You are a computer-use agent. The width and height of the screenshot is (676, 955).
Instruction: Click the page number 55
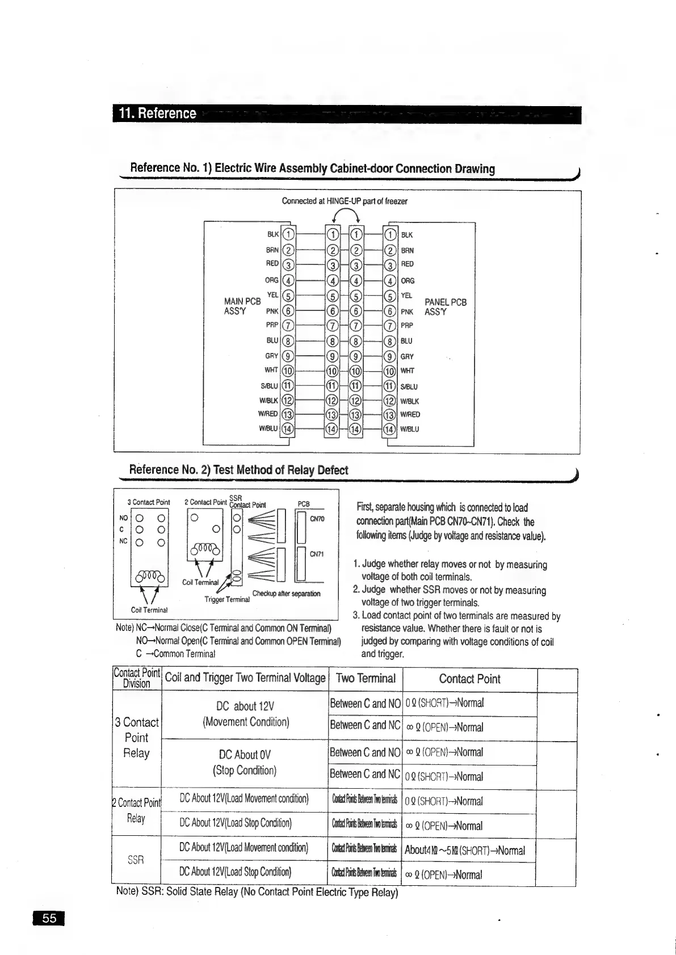click(49, 918)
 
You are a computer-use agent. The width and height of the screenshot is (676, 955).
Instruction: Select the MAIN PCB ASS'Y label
click(242, 306)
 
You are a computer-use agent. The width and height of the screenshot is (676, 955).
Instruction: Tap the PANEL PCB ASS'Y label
click(446, 307)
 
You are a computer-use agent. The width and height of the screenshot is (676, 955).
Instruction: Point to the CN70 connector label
click(317, 518)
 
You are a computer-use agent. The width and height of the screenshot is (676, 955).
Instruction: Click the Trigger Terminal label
click(227, 599)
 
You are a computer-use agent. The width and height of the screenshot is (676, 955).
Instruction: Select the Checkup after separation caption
click(286, 594)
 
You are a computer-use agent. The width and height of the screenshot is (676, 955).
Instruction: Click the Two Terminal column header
click(366, 678)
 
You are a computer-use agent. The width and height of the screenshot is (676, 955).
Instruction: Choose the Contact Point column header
click(469, 679)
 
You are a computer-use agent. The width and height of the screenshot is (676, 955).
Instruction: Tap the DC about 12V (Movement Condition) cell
click(246, 714)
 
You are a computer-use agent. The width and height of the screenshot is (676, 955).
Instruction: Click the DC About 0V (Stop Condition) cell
click(245, 762)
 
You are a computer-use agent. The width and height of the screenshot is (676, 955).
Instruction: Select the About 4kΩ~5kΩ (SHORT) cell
click(464, 850)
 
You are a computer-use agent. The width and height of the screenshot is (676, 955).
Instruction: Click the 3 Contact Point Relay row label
click(136, 738)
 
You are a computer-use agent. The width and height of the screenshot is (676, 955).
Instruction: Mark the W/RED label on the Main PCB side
click(268, 414)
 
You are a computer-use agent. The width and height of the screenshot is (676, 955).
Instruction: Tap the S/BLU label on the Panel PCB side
click(409, 387)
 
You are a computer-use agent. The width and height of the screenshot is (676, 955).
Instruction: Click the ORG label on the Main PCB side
click(271, 280)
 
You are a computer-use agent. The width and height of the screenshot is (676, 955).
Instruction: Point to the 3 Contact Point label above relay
click(149, 502)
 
